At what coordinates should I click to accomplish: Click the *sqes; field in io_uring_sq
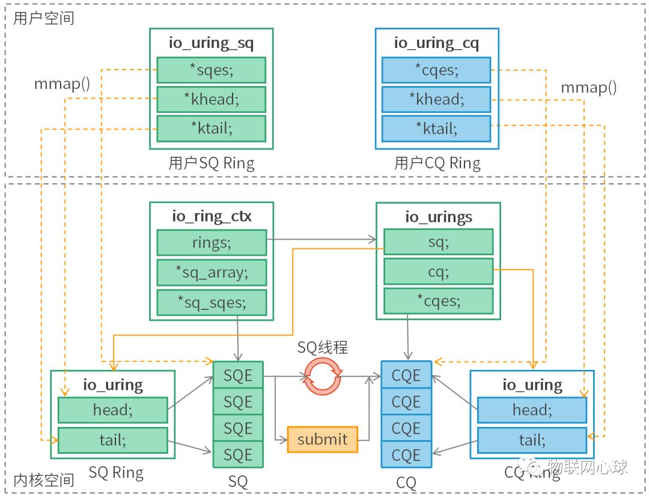(211, 70)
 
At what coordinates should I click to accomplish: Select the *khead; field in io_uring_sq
(211, 100)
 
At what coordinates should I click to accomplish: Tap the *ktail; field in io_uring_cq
(436, 129)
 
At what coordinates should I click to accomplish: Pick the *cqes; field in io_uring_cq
(436, 70)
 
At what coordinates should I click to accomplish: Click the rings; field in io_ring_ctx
(211, 243)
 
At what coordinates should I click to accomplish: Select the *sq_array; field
(211, 273)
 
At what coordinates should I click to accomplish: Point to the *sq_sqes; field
(211, 302)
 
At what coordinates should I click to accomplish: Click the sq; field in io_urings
(438, 242)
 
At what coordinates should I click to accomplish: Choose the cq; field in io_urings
(438, 271)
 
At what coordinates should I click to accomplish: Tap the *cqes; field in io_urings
(438, 301)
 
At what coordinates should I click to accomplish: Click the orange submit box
(322, 440)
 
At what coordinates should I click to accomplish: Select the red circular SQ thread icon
(323, 377)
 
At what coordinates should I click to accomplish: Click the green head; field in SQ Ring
(112, 410)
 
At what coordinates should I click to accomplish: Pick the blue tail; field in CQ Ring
(532, 440)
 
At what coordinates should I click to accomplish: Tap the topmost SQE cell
(238, 375)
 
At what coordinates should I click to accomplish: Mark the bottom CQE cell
(406, 455)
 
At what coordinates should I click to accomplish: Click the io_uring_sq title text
(211, 43)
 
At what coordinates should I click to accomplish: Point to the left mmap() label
(62, 83)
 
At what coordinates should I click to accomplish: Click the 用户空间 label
(44, 18)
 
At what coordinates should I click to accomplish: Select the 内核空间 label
(44, 480)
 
